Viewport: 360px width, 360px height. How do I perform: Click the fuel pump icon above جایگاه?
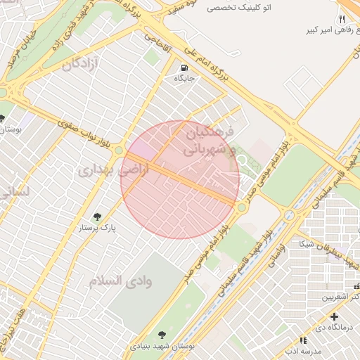tap(184, 68)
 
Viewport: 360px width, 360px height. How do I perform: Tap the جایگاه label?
tap(184, 79)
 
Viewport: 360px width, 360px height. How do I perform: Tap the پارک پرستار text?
tap(98, 228)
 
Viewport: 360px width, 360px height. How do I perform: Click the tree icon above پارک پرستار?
tap(97, 217)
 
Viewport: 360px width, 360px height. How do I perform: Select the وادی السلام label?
tap(120, 281)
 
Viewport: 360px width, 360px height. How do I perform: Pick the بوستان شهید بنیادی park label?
tap(162, 347)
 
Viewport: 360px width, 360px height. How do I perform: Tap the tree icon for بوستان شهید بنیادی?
tap(162, 335)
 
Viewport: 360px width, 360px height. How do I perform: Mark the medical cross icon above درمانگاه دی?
tap(335, 317)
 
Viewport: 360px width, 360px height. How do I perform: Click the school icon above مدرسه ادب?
tap(305, 340)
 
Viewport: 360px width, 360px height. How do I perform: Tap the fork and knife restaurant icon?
tap(342, 19)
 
